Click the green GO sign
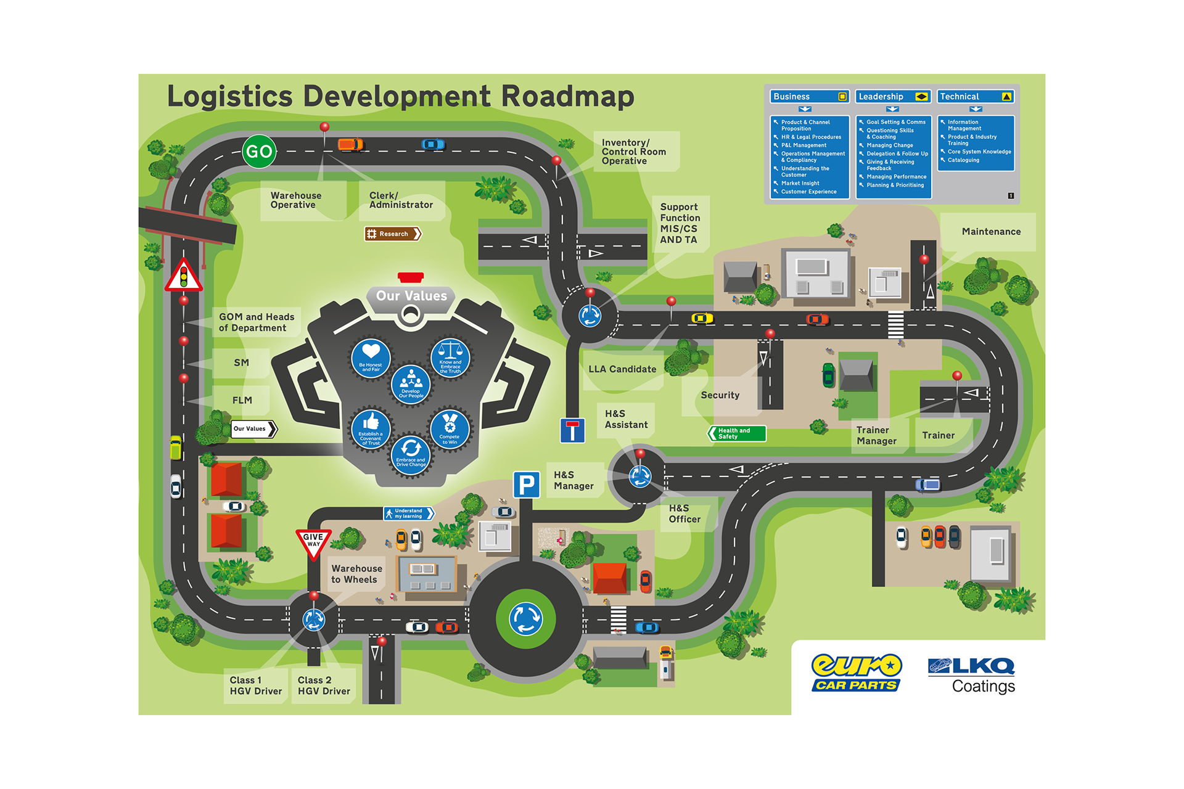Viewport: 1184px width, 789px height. [259, 152]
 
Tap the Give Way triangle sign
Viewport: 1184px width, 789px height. [313, 542]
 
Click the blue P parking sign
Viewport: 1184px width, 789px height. [527, 484]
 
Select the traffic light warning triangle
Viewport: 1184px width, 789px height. [183, 277]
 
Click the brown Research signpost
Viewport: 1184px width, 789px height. [393, 234]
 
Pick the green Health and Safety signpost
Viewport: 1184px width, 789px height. [737, 433]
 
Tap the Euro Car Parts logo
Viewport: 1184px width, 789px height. [857, 672]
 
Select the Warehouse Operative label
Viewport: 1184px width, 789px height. [296, 200]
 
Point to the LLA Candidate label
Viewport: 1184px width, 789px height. [622, 369]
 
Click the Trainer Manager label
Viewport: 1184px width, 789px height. [876, 436]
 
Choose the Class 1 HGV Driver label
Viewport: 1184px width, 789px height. [256, 685]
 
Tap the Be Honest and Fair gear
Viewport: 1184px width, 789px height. [371, 358]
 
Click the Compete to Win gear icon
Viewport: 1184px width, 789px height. [450, 428]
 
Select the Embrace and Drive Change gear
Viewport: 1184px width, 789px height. [411, 454]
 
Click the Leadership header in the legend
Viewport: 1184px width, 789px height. [892, 97]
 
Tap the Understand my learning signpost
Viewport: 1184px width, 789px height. [408, 513]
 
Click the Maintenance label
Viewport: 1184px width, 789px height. [991, 232]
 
